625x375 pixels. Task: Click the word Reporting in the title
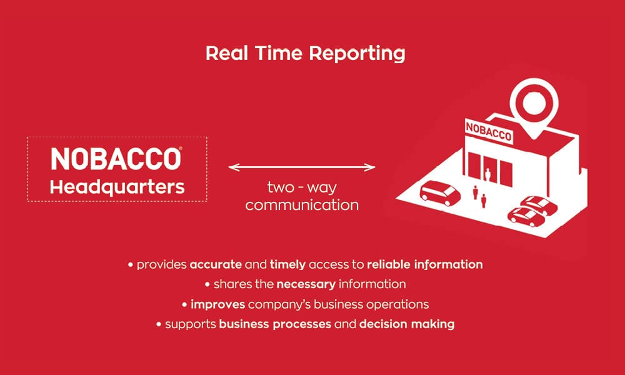[x=357, y=54]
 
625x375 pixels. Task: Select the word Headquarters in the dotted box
[x=117, y=187]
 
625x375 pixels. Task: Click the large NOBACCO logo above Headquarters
[x=116, y=159]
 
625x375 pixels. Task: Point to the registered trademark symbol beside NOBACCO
[x=181, y=148]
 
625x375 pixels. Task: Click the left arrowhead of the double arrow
[x=234, y=167]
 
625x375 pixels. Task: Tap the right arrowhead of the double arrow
[x=370, y=167]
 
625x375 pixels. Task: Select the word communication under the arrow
[x=302, y=205]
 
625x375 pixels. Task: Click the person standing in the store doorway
[x=487, y=175]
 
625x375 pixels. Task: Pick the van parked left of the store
[x=439, y=193]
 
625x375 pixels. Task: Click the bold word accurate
[x=216, y=264]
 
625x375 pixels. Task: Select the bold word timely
[x=287, y=265]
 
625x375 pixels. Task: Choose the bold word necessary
[x=306, y=284]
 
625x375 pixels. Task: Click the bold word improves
[x=217, y=305]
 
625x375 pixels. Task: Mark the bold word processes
[x=302, y=324]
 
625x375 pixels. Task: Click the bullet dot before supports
[x=159, y=324]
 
